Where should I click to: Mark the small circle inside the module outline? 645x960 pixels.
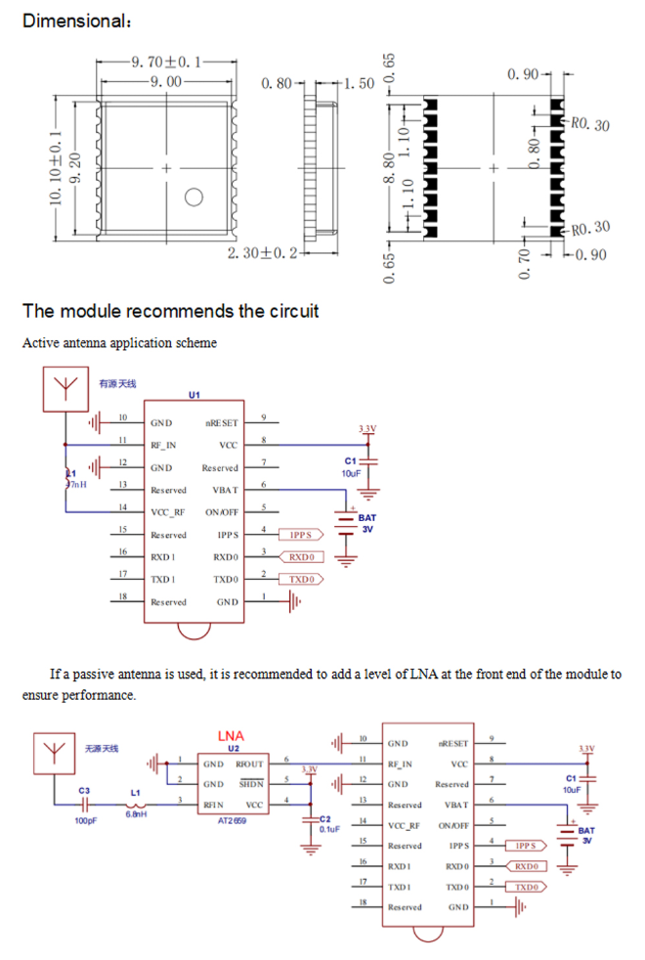[193, 198]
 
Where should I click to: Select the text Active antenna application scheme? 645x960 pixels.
[119, 343]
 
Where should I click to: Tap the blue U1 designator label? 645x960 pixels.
[193, 394]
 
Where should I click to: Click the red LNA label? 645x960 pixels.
[231, 735]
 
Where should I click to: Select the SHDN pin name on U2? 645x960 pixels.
[251, 784]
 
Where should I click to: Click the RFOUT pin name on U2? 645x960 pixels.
[249, 764]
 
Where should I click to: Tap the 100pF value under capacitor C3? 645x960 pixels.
[86, 820]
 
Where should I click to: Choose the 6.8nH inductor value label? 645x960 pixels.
[135, 813]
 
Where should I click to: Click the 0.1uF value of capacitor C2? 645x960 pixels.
[328, 828]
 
